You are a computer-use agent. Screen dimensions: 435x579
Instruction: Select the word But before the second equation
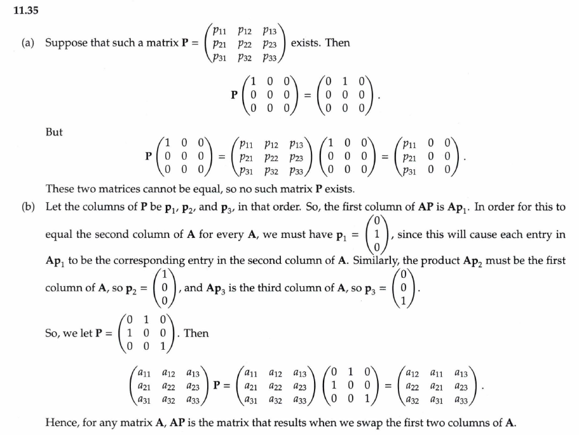click(54, 133)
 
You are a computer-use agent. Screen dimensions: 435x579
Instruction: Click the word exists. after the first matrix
click(306, 43)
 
